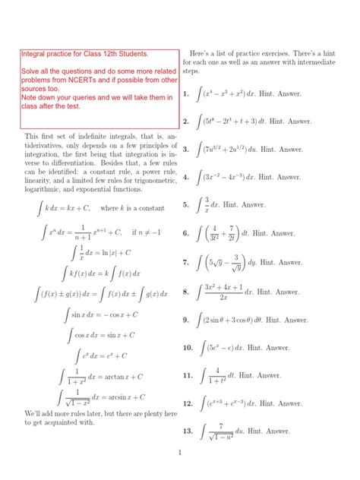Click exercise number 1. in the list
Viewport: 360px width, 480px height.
pyautogui.click(x=185, y=95)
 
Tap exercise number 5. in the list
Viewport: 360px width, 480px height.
pyautogui.click(x=185, y=205)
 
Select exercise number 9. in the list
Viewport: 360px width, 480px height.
pyautogui.click(x=185, y=321)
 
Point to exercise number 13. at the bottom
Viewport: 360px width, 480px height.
pyautogui.click(x=187, y=431)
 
